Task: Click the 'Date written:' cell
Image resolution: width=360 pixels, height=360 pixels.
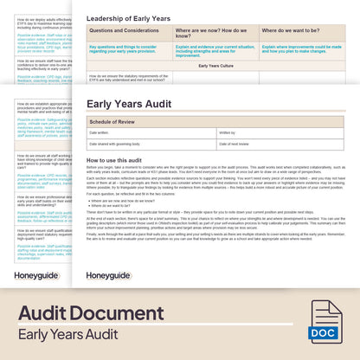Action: click(x=99, y=132)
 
